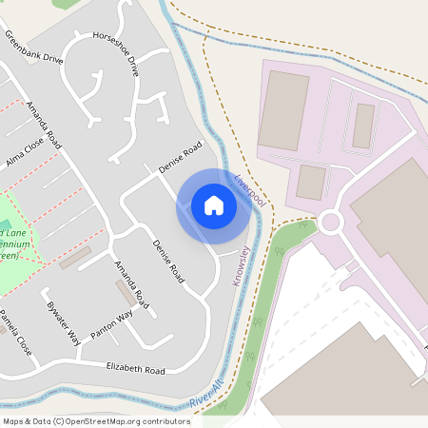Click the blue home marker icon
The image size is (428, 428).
(214, 205)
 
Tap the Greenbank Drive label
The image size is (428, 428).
(33, 47)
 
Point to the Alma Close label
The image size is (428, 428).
(25, 150)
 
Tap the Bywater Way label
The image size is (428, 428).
(63, 322)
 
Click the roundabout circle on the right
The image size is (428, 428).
(330, 223)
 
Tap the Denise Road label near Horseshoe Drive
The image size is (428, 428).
(181, 158)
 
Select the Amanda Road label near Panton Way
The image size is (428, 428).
(131, 282)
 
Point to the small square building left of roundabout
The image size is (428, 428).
(311, 182)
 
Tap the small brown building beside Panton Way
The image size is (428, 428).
(126, 293)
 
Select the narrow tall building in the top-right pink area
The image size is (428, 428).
(363, 126)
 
